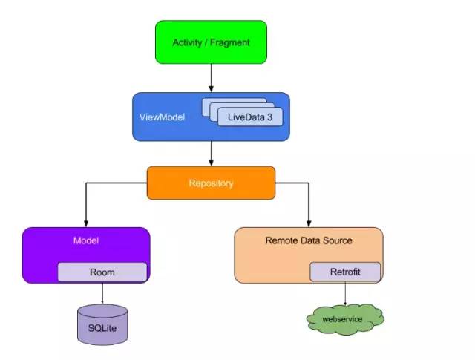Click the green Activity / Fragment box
coord(211,42)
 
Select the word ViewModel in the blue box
coord(160,117)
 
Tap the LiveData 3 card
coord(249,117)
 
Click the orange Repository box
coord(211,183)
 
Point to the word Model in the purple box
coord(86,240)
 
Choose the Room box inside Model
coord(102,272)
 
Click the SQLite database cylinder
coord(102,324)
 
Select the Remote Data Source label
coord(309,240)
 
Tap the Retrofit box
coord(345,272)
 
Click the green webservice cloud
coord(345,318)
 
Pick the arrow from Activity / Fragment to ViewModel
coord(212,77)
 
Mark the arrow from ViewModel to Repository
coord(212,154)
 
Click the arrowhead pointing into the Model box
coord(86,223)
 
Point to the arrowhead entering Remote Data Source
coord(309,223)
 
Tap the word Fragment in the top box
coord(230,42)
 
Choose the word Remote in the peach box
coord(281,240)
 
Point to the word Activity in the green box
coord(187,42)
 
